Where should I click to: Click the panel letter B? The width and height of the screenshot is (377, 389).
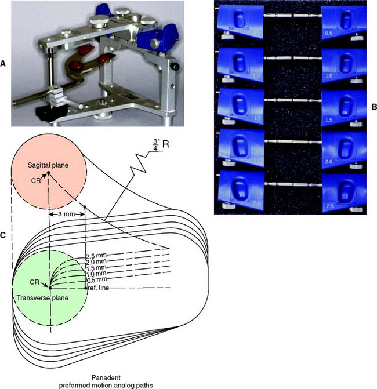[373, 107]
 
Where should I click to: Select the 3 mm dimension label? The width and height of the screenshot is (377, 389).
[68, 214]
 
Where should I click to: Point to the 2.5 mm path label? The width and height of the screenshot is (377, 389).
[97, 256]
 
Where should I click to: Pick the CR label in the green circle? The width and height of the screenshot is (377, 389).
[37, 281]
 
